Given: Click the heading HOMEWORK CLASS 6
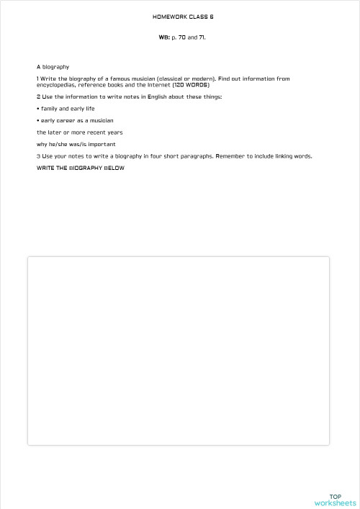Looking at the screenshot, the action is (x=183, y=16).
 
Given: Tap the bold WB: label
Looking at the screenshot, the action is (x=164, y=37).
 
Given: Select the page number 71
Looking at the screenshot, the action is (x=202, y=37).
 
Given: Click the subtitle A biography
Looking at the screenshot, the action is (x=53, y=67).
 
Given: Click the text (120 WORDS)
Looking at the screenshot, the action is (x=191, y=85).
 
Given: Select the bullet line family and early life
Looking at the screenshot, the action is (x=67, y=109).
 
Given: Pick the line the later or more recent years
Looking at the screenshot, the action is (x=79, y=132).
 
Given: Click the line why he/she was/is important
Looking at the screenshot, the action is (x=76, y=144).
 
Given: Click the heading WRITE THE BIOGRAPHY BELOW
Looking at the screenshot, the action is (x=80, y=168).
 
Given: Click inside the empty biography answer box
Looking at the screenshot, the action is (x=178, y=351).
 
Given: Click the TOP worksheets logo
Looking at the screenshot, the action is (x=335, y=500).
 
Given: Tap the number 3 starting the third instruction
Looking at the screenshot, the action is (x=38, y=156).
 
